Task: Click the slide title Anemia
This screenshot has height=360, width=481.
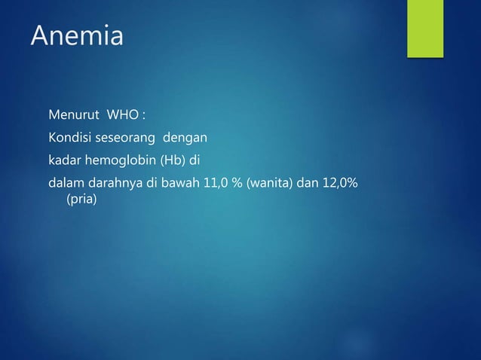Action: point(77,36)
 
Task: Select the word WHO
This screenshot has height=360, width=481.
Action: point(123,117)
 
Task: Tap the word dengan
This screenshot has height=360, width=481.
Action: point(184,139)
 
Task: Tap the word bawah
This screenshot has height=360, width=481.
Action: point(180,182)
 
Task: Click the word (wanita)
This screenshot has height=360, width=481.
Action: point(269,182)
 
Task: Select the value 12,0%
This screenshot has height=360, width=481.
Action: point(342,182)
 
